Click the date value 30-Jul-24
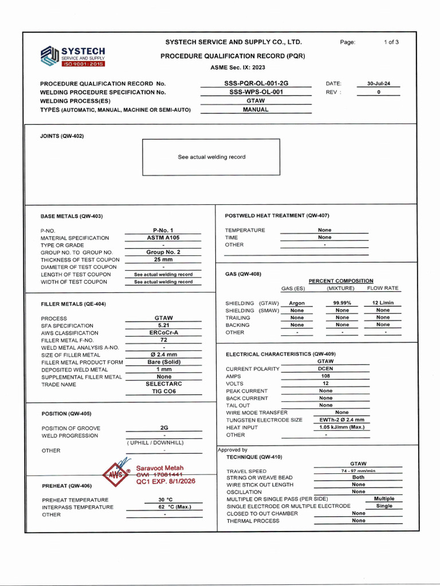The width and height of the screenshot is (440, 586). pyautogui.click(x=379, y=84)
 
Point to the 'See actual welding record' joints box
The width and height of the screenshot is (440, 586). pyautogui.click(x=211, y=157)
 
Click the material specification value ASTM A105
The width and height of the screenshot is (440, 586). pyautogui.click(x=163, y=237)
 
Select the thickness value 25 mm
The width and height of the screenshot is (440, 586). pyautogui.click(x=163, y=260)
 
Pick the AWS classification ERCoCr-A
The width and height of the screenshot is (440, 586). pyautogui.click(x=163, y=333)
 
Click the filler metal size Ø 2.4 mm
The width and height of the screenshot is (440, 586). pyautogui.click(x=163, y=355)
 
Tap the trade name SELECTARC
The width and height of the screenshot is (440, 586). pyautogui.click(x=163, y=384)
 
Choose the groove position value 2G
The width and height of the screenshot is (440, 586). pyautogui.click(x=164, y=428)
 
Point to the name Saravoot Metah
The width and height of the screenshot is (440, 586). pyautogui.click(x=160, y=468)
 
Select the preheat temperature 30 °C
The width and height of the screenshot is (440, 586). pyautogui.click(x=166, y=500)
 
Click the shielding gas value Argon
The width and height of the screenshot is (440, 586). pyautogui.click(x=297, y=303)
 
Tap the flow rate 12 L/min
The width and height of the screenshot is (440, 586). pyautogui.click(x=383, y=303)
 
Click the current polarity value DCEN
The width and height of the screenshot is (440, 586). pyautogui.click(x=325, y=369)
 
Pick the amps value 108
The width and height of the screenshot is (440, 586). pyautogui.click(x=325, y=377)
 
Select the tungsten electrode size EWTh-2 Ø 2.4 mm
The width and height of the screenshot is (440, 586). pyautogui.click(x=341, y=420)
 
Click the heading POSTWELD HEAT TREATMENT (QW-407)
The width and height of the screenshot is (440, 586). pyautogui.click(x=277, y=215)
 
